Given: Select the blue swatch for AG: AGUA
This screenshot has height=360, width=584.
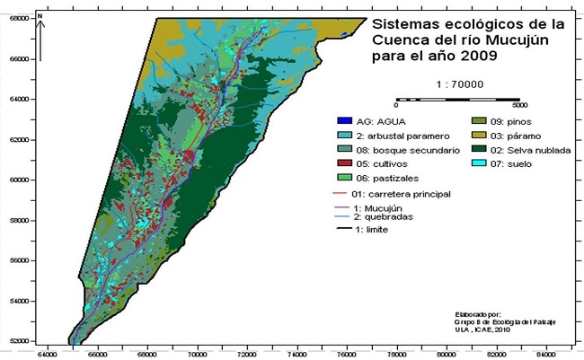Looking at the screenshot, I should point(340,120).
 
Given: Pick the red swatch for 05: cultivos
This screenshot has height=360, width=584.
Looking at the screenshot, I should point(340,163).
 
